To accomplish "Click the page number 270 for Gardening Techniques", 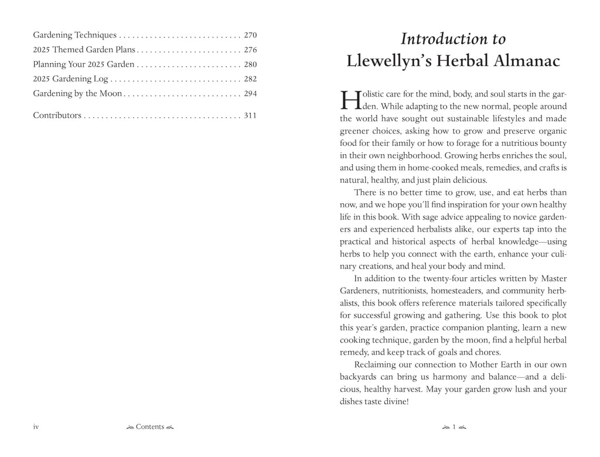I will [250, 35].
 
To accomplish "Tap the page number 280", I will [250, 64].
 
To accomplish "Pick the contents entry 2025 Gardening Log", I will [71, 79].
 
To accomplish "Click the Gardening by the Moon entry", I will [77, 94].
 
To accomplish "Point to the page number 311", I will [250, 116].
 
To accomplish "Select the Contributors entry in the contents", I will [57, 116].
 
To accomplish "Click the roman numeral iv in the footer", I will [36, 427].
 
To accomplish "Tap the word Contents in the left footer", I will [150, 427].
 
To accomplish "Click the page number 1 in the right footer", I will [454, 427].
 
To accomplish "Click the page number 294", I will [250, 94].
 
